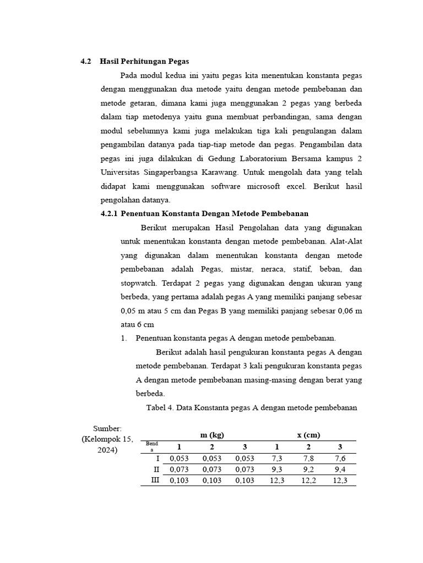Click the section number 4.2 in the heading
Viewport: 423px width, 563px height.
(x=85, y=61)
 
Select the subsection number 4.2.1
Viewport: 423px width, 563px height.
(x=109, y=213)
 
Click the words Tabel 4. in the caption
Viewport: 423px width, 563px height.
(x=159, y=407)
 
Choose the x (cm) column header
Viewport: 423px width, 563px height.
(x=308, y=434)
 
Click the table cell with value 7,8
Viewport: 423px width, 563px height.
(x=308, y=458)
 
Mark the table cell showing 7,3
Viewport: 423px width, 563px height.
(x=276, y=458)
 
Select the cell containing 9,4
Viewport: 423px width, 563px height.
(x=340, y=469)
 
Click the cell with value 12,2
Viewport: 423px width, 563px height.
(x=308, y=480)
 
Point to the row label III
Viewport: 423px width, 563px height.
(x=155, y=480)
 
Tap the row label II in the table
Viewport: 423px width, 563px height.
(x=156, y=469)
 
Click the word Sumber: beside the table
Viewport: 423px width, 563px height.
(x=107, y=428)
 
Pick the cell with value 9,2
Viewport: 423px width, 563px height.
(x=308, y=469)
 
